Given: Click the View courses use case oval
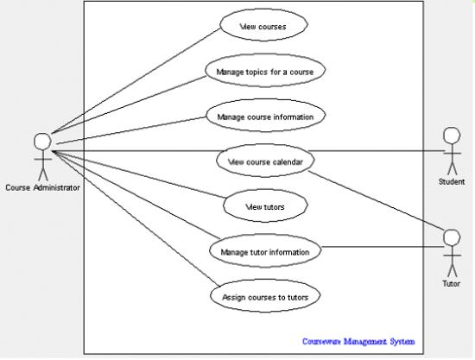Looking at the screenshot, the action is pos(264,25).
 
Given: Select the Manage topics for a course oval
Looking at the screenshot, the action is pos(265,71).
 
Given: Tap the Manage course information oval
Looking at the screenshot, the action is pos(266,116).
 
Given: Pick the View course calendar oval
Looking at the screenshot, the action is pos(265,161).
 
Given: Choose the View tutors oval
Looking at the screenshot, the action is pos(265,205).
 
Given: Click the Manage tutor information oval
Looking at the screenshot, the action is pos(265,250).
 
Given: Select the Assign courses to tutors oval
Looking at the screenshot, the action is pos(265,296).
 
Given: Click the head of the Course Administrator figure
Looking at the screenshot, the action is pos(42,142).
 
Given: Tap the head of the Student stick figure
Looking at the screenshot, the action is pos(452,136).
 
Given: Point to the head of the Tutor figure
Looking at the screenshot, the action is pos(452,237).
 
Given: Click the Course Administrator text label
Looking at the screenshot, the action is pos(42,187).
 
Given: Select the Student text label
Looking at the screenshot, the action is pos(452,181).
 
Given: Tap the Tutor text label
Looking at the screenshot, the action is pos(452,284).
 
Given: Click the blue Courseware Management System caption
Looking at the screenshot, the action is pos(358,342).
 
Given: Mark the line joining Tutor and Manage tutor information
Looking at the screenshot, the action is pos(383,247).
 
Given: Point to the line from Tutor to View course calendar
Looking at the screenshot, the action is pos(377,202).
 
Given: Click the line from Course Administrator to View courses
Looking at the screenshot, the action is pos(136,80).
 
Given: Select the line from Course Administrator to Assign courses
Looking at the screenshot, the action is pos(135,218).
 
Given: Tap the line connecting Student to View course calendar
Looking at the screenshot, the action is pos(377,151).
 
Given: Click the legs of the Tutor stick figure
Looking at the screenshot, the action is pos(452,271).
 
